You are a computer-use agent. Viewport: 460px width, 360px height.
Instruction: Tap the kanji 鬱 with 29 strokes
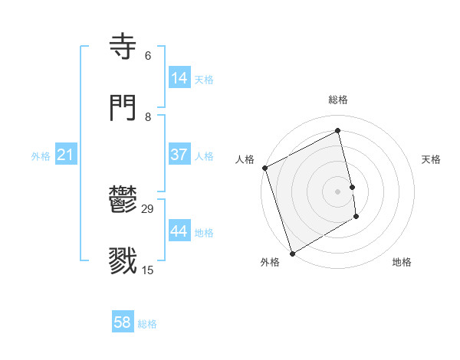point(125,201)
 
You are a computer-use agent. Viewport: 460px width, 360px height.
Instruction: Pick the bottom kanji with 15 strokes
point(125,261)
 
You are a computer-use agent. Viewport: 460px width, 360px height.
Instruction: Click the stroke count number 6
point(147,55)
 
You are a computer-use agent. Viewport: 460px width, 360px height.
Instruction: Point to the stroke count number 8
point(147,116)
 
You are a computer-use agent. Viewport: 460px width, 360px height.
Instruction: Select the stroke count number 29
point(149,208)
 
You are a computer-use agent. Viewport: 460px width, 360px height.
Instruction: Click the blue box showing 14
point(179,78)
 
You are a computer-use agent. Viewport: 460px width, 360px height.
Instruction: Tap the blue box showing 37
point(179,155)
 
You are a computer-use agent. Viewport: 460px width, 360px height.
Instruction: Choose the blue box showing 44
point(179,231)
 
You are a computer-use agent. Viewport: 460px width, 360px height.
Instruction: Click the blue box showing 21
point(66,155)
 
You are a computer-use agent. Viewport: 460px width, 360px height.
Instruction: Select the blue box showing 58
point(122,322)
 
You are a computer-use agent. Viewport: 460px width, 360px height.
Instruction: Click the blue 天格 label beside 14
point(204,80)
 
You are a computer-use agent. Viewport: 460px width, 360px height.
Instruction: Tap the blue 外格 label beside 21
point(41,156)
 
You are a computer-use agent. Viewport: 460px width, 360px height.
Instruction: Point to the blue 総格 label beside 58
point(147,324)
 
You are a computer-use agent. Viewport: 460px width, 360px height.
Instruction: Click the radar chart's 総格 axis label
point(338,100)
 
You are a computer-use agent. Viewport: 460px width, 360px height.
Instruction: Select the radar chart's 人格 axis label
point(245,159)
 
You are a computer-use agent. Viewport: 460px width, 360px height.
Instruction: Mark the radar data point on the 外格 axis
point(291,252)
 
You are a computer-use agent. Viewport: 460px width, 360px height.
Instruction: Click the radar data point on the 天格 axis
point(352,186)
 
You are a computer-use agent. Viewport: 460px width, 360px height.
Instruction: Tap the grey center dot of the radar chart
point(338,191)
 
